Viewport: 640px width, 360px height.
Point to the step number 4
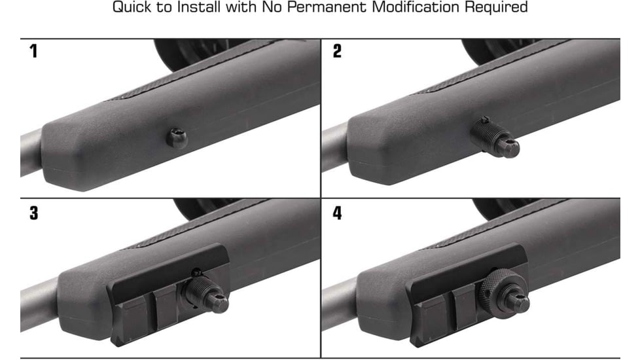[x=338, y=213]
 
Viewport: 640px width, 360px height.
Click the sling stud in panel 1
[x=177, y=137]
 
